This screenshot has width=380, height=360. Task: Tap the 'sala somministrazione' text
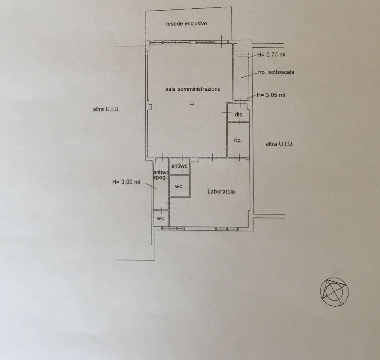tap(193, 89)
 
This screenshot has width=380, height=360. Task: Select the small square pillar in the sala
tap(192, 103)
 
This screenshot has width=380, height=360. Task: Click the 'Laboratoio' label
tap(221, 191)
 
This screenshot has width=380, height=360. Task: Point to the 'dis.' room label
tap(239, 114)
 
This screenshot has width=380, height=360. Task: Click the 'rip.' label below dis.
tap(238, 140)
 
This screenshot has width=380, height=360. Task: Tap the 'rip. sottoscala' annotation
tap(276, 72)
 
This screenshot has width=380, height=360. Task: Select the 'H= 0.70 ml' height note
tap(271, 55)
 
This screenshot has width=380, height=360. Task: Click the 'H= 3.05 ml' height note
tap(270, 95)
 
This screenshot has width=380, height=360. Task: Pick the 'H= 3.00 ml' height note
tap(126, 182)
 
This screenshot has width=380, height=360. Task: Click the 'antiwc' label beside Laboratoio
tap(179, 166)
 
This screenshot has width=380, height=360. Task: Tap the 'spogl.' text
tap(160, 177)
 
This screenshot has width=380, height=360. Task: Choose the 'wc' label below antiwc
tap(178, 186)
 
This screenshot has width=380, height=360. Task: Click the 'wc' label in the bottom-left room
tap(160, 218)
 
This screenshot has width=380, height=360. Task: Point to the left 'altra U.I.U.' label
tap(106, 110)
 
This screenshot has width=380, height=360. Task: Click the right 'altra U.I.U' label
tap(279, 144)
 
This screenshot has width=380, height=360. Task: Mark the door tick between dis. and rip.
tap(239, 122)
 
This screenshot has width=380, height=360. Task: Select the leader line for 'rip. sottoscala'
tap(249, 75)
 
